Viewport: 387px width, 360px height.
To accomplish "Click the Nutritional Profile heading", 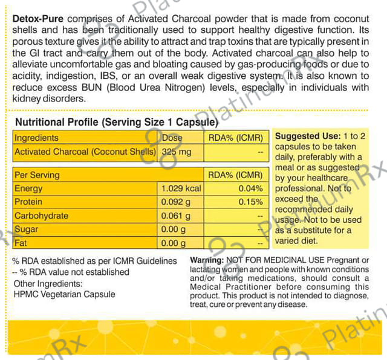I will pos(115,122).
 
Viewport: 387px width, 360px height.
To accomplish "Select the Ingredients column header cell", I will pos(37,138).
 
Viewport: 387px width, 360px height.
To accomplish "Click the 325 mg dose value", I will pos(177,152).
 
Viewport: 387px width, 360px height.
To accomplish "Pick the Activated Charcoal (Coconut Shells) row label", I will pos(85,152).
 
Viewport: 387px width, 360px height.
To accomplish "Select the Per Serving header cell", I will pos(37,175).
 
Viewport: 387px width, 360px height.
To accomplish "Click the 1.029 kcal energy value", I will pos(181,188).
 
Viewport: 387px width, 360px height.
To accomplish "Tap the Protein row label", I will pos(28,202).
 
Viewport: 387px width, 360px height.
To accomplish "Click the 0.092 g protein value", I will pos(176,202).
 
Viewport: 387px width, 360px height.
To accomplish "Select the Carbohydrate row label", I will pos(41,216).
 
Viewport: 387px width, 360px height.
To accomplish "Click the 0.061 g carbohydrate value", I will pos(176,216).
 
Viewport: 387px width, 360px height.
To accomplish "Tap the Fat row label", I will pos(21,243).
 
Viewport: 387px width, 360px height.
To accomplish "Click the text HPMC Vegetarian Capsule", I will pos(64,294).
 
